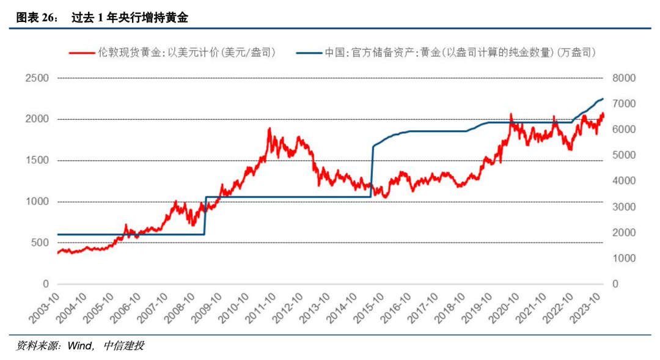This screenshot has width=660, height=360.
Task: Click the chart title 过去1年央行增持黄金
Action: (x=129, y=18)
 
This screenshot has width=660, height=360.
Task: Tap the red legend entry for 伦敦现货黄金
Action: (x=172, y=53)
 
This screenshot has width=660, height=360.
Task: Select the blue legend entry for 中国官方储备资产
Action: (x=446, y=53)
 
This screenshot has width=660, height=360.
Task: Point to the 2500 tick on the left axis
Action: (x=37, y=78)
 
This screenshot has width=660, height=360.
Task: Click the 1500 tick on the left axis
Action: (x=37, y=161)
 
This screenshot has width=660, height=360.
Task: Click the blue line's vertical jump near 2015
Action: (x=372, y=171)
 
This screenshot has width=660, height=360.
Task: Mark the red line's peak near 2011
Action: (x=269, y=128)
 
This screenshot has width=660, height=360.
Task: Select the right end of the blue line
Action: (x=603, y=98)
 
